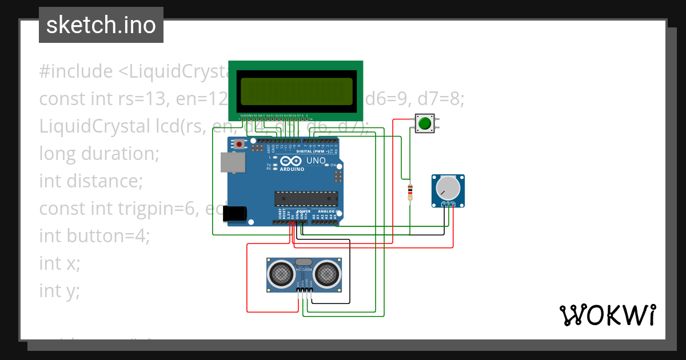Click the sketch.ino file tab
(101, 25)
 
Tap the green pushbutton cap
(424, 123)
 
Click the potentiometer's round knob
(448, 188)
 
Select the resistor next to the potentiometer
(409, 192)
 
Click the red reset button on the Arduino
(240, 145)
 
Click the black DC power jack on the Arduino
(235, 213)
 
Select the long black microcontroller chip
(306, 198)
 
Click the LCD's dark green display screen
(296, 91)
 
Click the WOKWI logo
(607, 315)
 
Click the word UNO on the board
(316, 161)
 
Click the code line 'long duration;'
(98, 154)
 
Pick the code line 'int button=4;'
(94, 235)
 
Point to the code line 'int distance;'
(90, 181)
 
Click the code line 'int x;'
(59, 263)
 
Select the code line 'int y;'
(59, 291)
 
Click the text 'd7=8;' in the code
(441, 99)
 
